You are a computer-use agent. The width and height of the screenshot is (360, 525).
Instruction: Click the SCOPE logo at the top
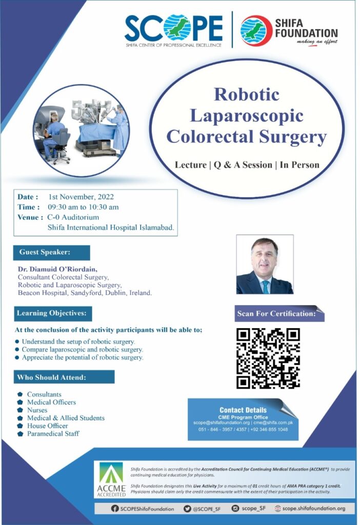(173, 30)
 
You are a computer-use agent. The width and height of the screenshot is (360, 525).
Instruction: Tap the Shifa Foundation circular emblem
(256, 30)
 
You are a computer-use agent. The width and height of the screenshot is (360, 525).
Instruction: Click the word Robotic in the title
(247, 94)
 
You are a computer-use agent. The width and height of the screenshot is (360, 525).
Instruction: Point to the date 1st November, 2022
(81, 197)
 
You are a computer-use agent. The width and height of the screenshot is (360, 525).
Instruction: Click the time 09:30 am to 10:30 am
(83, 207)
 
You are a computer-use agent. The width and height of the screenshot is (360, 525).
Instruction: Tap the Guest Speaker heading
(52, 252)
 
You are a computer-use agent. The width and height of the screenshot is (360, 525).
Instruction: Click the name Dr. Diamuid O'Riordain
(57, 269)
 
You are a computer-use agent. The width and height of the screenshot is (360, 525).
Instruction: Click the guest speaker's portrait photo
(265, 265)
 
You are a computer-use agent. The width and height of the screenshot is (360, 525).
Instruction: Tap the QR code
(268, 358)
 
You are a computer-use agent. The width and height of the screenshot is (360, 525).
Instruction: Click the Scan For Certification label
(276, 314)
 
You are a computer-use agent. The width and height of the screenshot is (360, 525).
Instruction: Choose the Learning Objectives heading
(53, 313)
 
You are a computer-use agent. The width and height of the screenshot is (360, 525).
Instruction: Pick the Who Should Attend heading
(64, 377)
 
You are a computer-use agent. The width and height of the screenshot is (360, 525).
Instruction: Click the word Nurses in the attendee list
(37, 410)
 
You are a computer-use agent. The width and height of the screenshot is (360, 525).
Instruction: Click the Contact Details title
(243, 410)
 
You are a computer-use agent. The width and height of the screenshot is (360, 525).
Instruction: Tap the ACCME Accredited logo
(111, 480)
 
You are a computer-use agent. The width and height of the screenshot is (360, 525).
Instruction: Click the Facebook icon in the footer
(114, 509)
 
